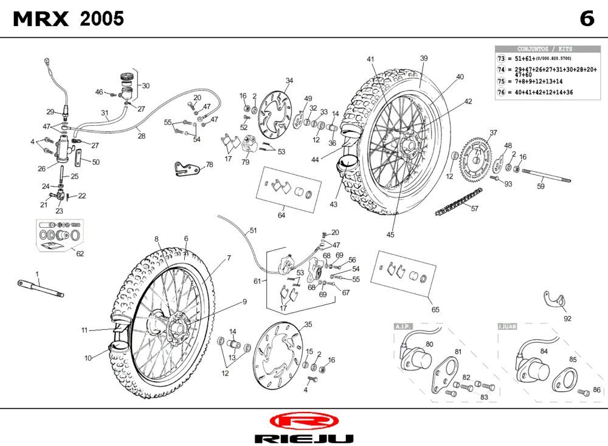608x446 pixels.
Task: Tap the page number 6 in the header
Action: tap(586, 19)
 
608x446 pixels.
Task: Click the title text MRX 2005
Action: tap(69, 19)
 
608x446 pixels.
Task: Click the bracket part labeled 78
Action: tap(186, 168)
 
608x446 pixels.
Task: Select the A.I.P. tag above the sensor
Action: tap(404, 326)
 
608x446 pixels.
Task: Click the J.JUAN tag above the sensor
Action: tap(507, 326)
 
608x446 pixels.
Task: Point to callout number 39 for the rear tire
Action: tap(424, 58)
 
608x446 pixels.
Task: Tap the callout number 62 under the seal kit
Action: tap(80, 254)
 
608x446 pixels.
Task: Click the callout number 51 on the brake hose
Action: tap(253, 231)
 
